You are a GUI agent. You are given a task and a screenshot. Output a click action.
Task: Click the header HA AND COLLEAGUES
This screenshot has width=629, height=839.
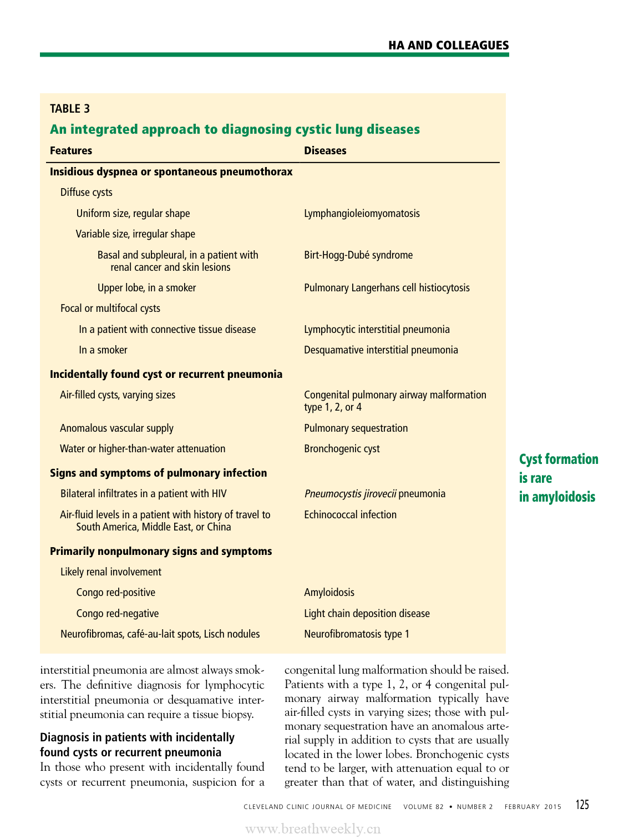pyautogui.click(x=448, y=46)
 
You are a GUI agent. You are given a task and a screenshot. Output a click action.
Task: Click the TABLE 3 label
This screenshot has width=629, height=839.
pyautogui.click(x=70, y=109)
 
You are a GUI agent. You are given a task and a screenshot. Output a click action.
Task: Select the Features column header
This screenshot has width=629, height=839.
pyautogui.click(x=71, y=151)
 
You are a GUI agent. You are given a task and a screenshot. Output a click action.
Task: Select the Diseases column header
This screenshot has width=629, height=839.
pyautogui.click(x=325, y=151)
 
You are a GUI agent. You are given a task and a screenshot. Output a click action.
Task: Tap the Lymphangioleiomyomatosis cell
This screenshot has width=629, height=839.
pyautogui.click(x=362, y=214)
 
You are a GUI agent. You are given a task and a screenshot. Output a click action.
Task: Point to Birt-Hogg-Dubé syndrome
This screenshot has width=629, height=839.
pyautogui.click(x=358, y=255)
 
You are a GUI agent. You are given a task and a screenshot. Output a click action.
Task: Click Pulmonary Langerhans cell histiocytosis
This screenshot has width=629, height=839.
pyautogui.click(x=387, y=288)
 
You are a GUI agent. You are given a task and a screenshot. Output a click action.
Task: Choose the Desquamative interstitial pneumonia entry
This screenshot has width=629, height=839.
pyautogui.click(x=381, y=350)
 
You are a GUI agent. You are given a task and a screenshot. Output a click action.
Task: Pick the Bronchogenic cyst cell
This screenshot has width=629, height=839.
pyautogui.click(x=342, y=449)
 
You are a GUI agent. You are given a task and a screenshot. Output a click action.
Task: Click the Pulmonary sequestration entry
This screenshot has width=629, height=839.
pyautogui.click(x=356, y=428)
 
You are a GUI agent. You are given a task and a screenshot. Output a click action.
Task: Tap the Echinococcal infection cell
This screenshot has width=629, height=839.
pyautogui.click(x=350, y=515)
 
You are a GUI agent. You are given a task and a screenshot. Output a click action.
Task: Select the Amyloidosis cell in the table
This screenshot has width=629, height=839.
pyautogui.click(x=329, y=593)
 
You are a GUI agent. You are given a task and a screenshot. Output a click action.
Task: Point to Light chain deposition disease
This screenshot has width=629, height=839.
pyautogui.click(x=367, y=614)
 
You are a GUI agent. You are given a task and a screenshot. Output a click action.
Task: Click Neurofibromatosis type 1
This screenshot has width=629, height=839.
pyautogui.click(x=357, y=634)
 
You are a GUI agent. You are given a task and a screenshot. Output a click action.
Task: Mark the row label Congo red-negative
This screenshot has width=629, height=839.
pyautogui.click(x=118, y=614)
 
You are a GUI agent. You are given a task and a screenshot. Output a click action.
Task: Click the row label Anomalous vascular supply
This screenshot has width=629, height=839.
pyautogui.click(x=116, y=428)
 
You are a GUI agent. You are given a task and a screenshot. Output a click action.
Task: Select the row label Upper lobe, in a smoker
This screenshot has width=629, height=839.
pyautogui.click(x=146, y=288)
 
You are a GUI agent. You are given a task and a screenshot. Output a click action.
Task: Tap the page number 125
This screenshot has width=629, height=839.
pyautogui.click(x=582, y=805)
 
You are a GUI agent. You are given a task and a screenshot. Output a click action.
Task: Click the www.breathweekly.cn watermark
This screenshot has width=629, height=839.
pyautogui.click(x=313, y=829)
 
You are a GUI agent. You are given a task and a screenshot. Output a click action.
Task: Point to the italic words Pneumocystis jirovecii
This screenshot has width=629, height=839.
pyautogui.click(x=350, y=494)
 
